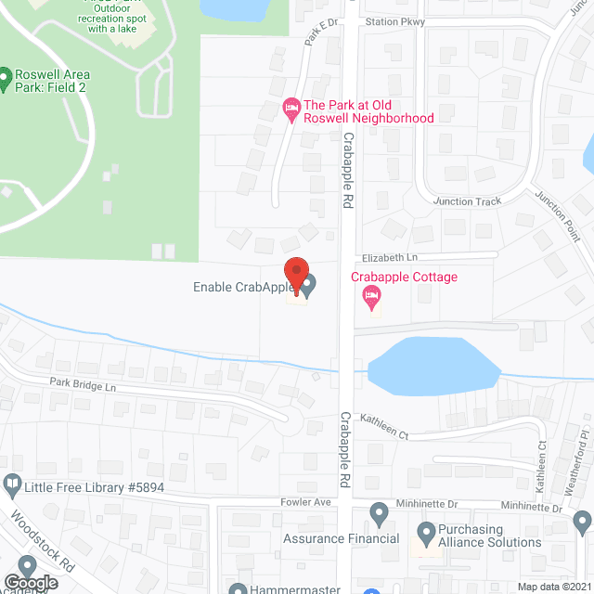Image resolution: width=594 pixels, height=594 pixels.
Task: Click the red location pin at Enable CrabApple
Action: coord(295,276)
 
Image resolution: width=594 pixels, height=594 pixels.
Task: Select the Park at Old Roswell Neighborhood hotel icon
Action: coord(291,110)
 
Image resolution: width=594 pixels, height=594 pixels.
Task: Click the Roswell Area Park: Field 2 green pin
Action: coord(5,76)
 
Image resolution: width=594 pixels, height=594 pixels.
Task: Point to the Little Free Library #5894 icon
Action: coord(12,483)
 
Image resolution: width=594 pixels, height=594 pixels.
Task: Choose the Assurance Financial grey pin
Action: coord(379,513)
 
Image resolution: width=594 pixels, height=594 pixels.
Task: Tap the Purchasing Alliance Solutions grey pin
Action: coord(426,533)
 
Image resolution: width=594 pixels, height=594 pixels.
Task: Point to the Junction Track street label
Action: coord(467,201)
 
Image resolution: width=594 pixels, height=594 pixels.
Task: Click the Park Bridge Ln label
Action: coord(83,384)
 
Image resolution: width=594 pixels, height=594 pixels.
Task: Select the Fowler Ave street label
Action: coord(306,502)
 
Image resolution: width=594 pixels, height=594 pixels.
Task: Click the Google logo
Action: coord(31,582)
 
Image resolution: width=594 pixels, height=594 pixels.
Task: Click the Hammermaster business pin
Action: coord(239,588)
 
